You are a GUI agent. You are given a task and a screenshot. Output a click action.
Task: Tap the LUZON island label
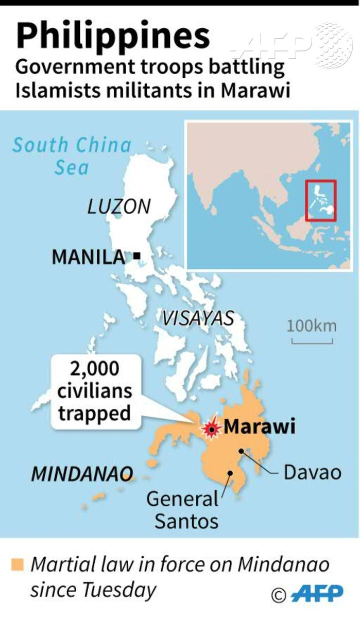pos(118,207)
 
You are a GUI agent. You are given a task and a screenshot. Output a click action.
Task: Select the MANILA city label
pos(88,256)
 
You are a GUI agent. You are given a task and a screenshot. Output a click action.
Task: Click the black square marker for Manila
pos(137,255)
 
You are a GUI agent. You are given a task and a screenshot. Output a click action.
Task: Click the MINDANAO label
pos(82,473)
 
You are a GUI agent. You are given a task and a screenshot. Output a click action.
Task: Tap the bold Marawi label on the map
pos(260,427)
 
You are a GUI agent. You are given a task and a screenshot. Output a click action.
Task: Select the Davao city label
pos(313,472)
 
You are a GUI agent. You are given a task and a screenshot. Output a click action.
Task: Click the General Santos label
pos(183,509)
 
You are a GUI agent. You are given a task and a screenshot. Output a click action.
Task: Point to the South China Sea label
pos(72,156)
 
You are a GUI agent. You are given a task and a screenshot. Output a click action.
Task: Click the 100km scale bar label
pos(312,326)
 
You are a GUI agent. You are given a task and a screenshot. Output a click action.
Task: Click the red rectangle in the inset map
pos(320,200)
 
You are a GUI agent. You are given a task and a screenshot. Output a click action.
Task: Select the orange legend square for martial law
pos(19,565)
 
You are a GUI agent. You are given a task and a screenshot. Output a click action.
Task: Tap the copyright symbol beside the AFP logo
pos(278,595)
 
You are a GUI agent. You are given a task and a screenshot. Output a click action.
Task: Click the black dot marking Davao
pos(240,451)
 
